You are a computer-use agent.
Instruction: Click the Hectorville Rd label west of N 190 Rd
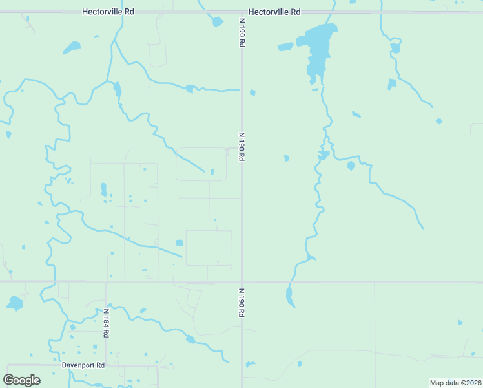108,12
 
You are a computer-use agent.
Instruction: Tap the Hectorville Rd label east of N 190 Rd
274,12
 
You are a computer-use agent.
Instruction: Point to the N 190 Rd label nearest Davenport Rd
241,301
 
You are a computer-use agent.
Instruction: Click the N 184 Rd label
106,323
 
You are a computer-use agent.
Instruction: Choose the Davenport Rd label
83,365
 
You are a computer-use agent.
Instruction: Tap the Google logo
22,380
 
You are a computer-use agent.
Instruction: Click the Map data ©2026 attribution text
455,383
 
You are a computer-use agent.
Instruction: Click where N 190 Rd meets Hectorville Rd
241,12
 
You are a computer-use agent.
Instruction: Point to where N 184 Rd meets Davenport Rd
106,365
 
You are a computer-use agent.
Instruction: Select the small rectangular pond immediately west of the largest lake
285,47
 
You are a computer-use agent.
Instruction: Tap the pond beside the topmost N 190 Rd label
217,22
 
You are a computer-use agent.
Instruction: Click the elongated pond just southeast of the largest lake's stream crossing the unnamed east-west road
289,296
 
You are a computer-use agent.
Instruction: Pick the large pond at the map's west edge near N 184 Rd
14,303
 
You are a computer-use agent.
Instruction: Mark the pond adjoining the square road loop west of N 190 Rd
179,242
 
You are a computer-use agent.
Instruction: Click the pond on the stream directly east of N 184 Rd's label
190,339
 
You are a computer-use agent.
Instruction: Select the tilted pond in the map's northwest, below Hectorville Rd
72,47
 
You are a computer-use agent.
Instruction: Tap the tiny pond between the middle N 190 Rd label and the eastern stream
286,158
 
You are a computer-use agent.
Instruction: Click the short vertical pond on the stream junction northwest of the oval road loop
118,89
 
